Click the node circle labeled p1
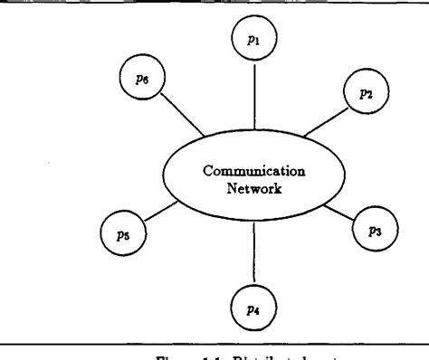tap(253, 42)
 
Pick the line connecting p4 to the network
tap(254, 252)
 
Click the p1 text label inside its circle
tap(253, 42)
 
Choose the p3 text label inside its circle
tap(372, 229)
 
